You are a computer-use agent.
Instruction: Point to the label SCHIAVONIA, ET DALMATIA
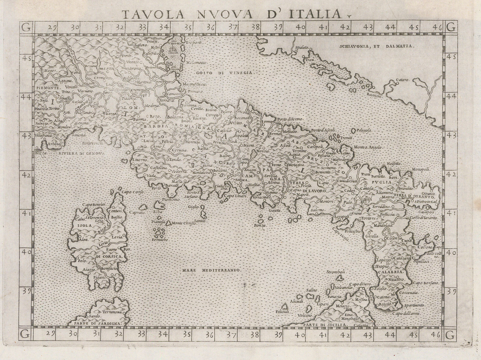pos(377,47)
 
